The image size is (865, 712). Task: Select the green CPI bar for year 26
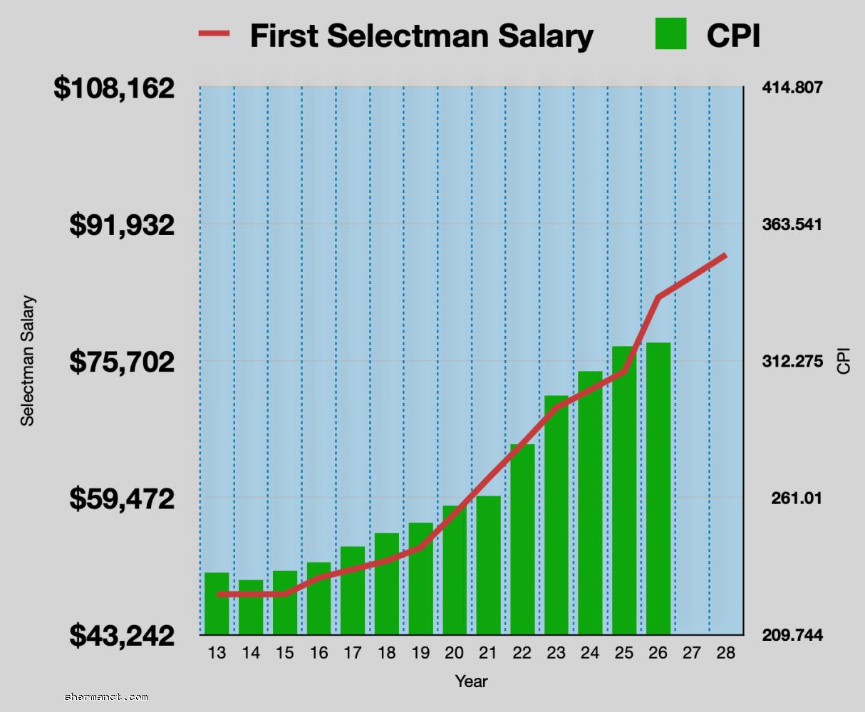click(x=658, y=491)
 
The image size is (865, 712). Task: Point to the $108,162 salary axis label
click(x=114, y=88)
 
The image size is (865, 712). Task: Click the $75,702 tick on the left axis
click(x=122, y=362)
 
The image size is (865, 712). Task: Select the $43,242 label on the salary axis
click(x=122, y=635)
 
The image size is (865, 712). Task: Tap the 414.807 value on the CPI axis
click(x=792, y=88)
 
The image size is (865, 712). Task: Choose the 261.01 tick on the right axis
click(x=796, y=498)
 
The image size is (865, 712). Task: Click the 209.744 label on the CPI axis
click(x=792, y=635)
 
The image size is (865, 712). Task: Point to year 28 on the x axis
click(x=725, y=653)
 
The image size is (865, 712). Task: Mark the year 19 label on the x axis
click(x=420, y=653)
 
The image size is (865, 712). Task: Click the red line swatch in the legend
click(x=214, y=33)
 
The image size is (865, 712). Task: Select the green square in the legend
click(x=670, y=33)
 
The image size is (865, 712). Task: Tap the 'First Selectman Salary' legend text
click(x=421, y=36)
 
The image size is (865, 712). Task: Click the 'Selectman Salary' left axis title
click(x=27, y=361)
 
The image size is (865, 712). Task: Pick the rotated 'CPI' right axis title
click(x=844, y=361)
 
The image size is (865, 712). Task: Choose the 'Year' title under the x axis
click(x=471, y=681)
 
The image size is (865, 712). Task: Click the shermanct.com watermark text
click(x=106, y=697)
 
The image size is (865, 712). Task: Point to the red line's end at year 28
click(x=725, y=255)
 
